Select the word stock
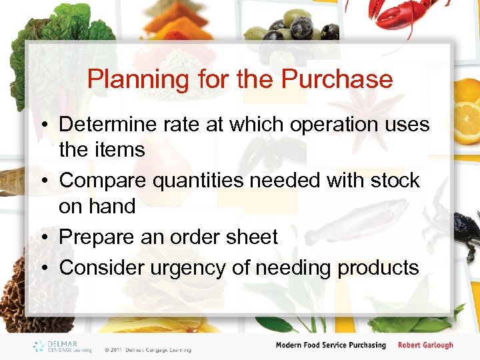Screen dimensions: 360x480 (393, 181)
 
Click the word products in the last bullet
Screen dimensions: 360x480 (378, 267)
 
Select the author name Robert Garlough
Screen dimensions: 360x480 (425, 345)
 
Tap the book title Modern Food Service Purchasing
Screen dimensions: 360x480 (331, 345)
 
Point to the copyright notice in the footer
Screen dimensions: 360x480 (147, 349)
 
